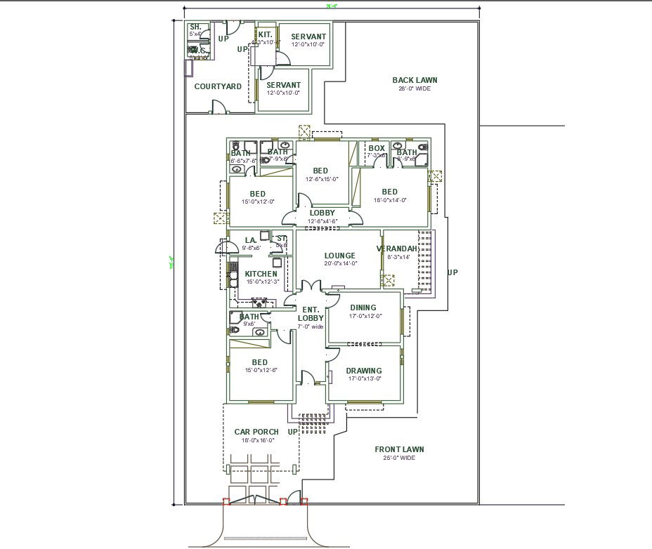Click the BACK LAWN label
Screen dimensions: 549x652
[415, 80]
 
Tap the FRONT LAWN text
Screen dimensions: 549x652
[399, 449]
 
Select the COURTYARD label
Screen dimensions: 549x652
[218, 86]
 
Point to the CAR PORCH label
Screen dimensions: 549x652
[256, 432]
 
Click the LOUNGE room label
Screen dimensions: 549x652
[339, 256]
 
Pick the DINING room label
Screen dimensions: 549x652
[363, 307]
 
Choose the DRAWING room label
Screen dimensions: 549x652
[364, 371]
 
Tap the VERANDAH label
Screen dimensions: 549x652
[398, 249]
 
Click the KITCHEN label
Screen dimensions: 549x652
[261, 274]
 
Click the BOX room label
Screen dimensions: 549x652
[377, 148]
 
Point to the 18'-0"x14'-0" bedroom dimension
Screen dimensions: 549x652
[389, 200]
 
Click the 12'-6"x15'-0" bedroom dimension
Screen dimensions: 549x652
[320, 179]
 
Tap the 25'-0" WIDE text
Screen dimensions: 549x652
[399, 458]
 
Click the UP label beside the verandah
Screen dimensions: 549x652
[452, 272]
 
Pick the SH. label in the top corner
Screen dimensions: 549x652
[195, 27]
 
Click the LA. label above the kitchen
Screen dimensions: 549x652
[251, 240]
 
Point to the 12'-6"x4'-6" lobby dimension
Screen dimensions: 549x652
[322, 221]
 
